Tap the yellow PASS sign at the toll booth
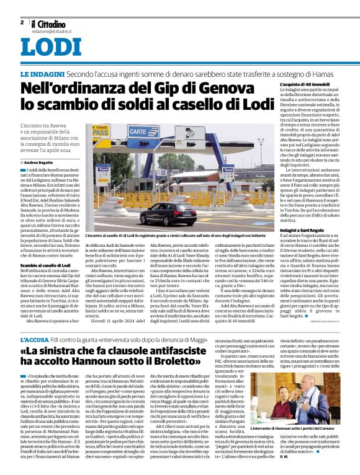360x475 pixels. [x=100, y=131]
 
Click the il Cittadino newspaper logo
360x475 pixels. [x=47, y=23]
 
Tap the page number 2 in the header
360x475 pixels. [x=22, y=22]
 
